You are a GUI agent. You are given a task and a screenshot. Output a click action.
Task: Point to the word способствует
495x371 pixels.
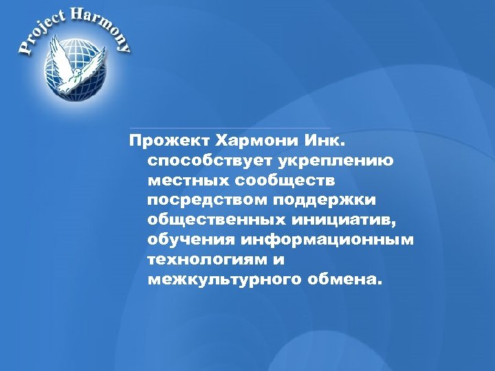pos(201,161)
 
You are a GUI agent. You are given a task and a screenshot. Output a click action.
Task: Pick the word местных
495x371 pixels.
pos(186,181)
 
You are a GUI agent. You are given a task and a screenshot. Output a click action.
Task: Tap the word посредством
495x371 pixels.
pos(206,201)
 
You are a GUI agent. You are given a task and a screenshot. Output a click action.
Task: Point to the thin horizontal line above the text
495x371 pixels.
pos(230,128)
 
